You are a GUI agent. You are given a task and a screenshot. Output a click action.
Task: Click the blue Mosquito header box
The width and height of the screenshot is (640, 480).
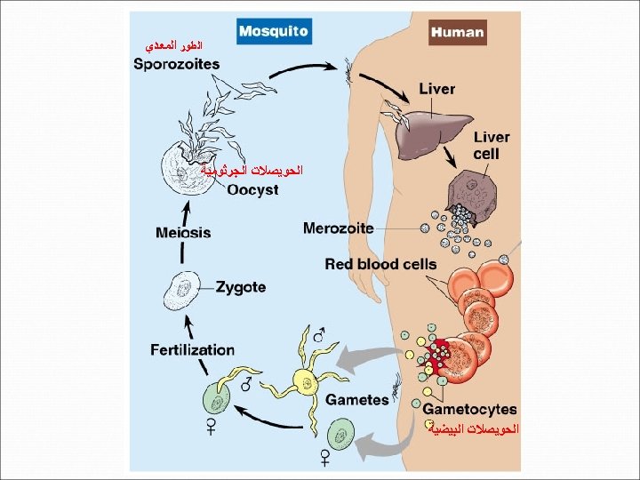pos(274,31)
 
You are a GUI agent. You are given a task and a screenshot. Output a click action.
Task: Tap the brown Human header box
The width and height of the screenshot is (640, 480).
pos(457,32)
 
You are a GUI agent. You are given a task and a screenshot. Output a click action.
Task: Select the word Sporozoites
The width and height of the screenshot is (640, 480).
pos(177,64)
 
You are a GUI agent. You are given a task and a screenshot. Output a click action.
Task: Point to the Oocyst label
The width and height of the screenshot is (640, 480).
pos(252,189)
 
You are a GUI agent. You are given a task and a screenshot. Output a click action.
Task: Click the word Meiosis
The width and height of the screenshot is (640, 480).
pos(183,233)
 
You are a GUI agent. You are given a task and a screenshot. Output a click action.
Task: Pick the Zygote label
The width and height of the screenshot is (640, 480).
pos(241,287)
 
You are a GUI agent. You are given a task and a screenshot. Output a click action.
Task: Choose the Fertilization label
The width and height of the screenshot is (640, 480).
pos(192,349)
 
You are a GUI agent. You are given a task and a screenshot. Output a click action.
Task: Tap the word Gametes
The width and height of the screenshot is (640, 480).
pos(356,400)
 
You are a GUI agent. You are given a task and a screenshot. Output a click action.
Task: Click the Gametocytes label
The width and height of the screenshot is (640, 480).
pos(469,409)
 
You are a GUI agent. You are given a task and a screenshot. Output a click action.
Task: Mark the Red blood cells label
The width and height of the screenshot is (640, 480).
pos(380,264)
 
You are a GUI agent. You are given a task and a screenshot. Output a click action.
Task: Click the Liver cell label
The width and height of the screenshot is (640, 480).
pos(491,145)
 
